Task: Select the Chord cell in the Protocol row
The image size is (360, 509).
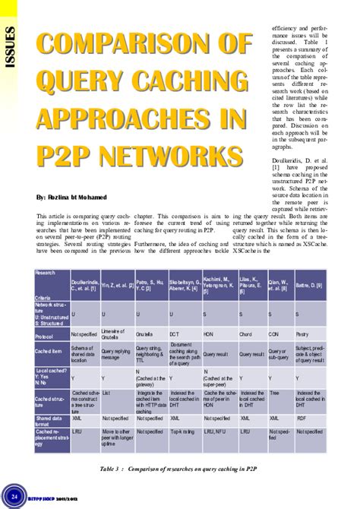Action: [x=245, y=334]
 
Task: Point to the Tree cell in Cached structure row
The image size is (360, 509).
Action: [x=274, y=394]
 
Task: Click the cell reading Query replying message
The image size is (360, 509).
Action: [x=117, y=354]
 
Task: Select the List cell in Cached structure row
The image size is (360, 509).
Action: [x=106, y=394]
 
